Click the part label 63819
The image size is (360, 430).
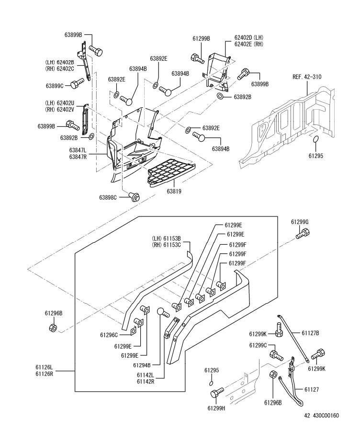174,191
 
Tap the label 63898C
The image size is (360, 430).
108,197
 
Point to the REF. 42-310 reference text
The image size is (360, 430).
307,77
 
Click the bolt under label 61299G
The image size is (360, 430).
303,234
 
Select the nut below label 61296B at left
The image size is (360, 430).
53,327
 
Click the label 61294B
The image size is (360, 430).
142,365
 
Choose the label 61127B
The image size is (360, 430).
310,333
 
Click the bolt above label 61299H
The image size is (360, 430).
217,392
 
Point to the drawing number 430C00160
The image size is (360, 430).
325,416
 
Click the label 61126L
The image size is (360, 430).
44,367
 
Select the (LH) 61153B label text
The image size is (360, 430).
166,238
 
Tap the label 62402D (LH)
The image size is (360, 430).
248,37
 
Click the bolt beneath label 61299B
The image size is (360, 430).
197,58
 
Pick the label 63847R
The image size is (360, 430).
78,157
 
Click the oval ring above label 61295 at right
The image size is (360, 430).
315,139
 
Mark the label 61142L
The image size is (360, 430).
146,374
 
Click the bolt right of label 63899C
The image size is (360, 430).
78,83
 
